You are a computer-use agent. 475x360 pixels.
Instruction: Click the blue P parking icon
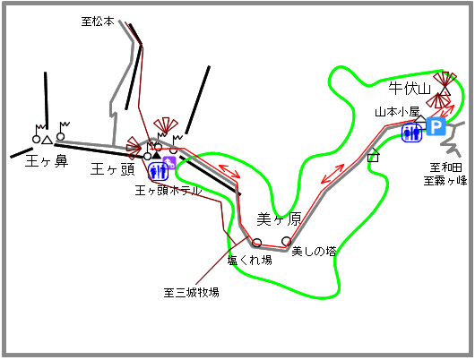coord(436,126)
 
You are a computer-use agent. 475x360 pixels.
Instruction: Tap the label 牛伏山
coord(410,89)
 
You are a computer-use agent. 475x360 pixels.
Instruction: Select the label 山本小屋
coord(397,112)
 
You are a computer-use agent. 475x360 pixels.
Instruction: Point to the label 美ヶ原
coord(279,219)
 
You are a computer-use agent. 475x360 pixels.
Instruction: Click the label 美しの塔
coord(314,251)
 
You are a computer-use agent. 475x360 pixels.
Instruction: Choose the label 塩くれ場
coord(250,260)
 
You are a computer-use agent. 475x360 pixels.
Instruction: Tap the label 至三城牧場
coord(191,293)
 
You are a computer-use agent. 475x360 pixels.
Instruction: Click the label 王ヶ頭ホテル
coord(168,191)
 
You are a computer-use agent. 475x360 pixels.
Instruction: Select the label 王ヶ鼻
coord(47,161)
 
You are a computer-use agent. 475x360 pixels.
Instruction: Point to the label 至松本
coord(98,21)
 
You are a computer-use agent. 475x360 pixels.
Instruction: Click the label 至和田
coord(446,167)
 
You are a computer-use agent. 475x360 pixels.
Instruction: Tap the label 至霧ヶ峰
coord(445,181)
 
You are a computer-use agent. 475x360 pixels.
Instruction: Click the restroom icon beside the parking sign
coord(412,133)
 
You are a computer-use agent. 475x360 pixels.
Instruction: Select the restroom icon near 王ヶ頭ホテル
coord(158,171)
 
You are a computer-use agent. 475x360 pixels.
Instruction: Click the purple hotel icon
coord(169,163)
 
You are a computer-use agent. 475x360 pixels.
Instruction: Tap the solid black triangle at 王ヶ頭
coord(156,155)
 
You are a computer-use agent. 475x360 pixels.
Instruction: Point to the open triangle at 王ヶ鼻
coord(47,140)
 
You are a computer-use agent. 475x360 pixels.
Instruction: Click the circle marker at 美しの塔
coord(286,241)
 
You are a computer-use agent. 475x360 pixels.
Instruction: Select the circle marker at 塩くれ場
coord(257,243)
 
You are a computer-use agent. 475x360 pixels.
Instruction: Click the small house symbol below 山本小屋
coord(373,155)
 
